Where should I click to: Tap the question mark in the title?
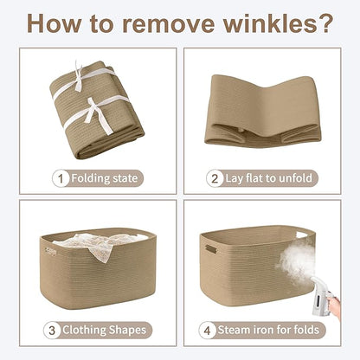[x=325, y=23]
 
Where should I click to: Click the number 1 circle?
[x=61, y=178]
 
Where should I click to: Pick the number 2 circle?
[x=215, y=178]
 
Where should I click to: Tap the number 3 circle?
[x=52, y=331]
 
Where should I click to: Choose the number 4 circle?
[x=207, y=331]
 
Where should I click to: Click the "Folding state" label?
[x=104, y=178]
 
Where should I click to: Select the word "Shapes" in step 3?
[x=127, y=330]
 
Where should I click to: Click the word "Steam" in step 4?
[x=234, y=330]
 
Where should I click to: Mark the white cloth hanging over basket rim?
[x=101, y=245]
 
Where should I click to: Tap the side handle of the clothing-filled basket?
[x=50, y=251]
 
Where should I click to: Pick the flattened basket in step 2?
[x=262, y=111]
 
